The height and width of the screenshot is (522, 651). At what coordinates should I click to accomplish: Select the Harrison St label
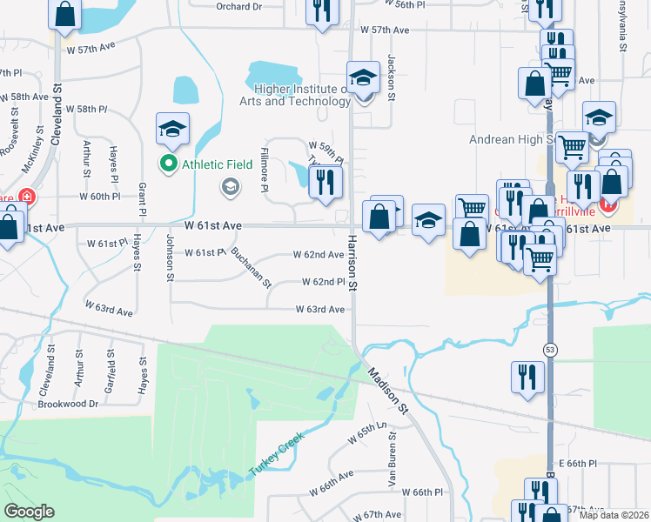click(x=353, y=262)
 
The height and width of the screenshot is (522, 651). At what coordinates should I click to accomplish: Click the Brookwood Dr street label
click(x=68, y=405)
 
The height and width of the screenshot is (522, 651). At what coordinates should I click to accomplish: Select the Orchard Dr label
click(x=238, y=7)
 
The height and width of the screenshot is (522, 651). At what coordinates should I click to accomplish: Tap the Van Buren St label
click(x=392, y=467)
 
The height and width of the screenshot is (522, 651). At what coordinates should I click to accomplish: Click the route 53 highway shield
click(x=550, y=349)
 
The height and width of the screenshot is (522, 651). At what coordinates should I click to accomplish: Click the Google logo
click(x=29, y=512)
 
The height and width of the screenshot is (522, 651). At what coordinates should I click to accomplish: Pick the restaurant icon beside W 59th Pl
click(x=325, y=182)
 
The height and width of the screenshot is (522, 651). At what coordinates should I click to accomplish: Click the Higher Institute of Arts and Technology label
click(x=296, y=95)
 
